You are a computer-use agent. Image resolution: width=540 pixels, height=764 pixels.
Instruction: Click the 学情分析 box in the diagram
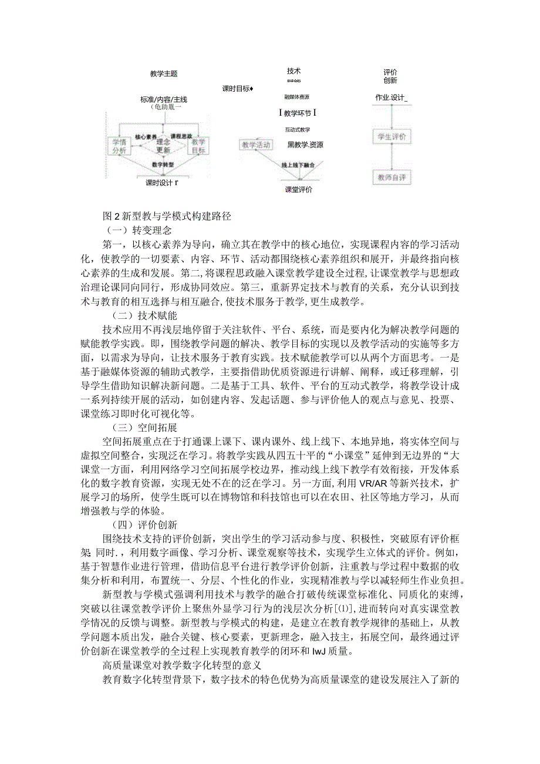point(120,146)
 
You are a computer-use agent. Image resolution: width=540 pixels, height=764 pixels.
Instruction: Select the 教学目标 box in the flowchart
point(198,146)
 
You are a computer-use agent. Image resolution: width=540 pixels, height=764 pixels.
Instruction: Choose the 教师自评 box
point(390,177)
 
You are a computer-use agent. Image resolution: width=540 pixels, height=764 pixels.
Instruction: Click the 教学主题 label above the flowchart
point(164,74)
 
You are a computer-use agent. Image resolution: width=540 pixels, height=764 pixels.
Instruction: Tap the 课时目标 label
point(237,89)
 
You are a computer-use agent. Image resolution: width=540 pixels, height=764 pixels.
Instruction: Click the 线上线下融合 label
point(299,166)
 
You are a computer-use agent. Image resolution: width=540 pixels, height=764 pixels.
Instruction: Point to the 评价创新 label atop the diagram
point(390,76)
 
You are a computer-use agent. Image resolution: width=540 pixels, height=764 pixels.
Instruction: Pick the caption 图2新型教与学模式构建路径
point(167,216)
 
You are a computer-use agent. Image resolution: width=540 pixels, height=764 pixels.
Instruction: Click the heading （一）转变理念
point(133,230)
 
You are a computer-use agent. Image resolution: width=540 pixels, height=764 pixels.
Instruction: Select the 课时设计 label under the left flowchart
point(161,183)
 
